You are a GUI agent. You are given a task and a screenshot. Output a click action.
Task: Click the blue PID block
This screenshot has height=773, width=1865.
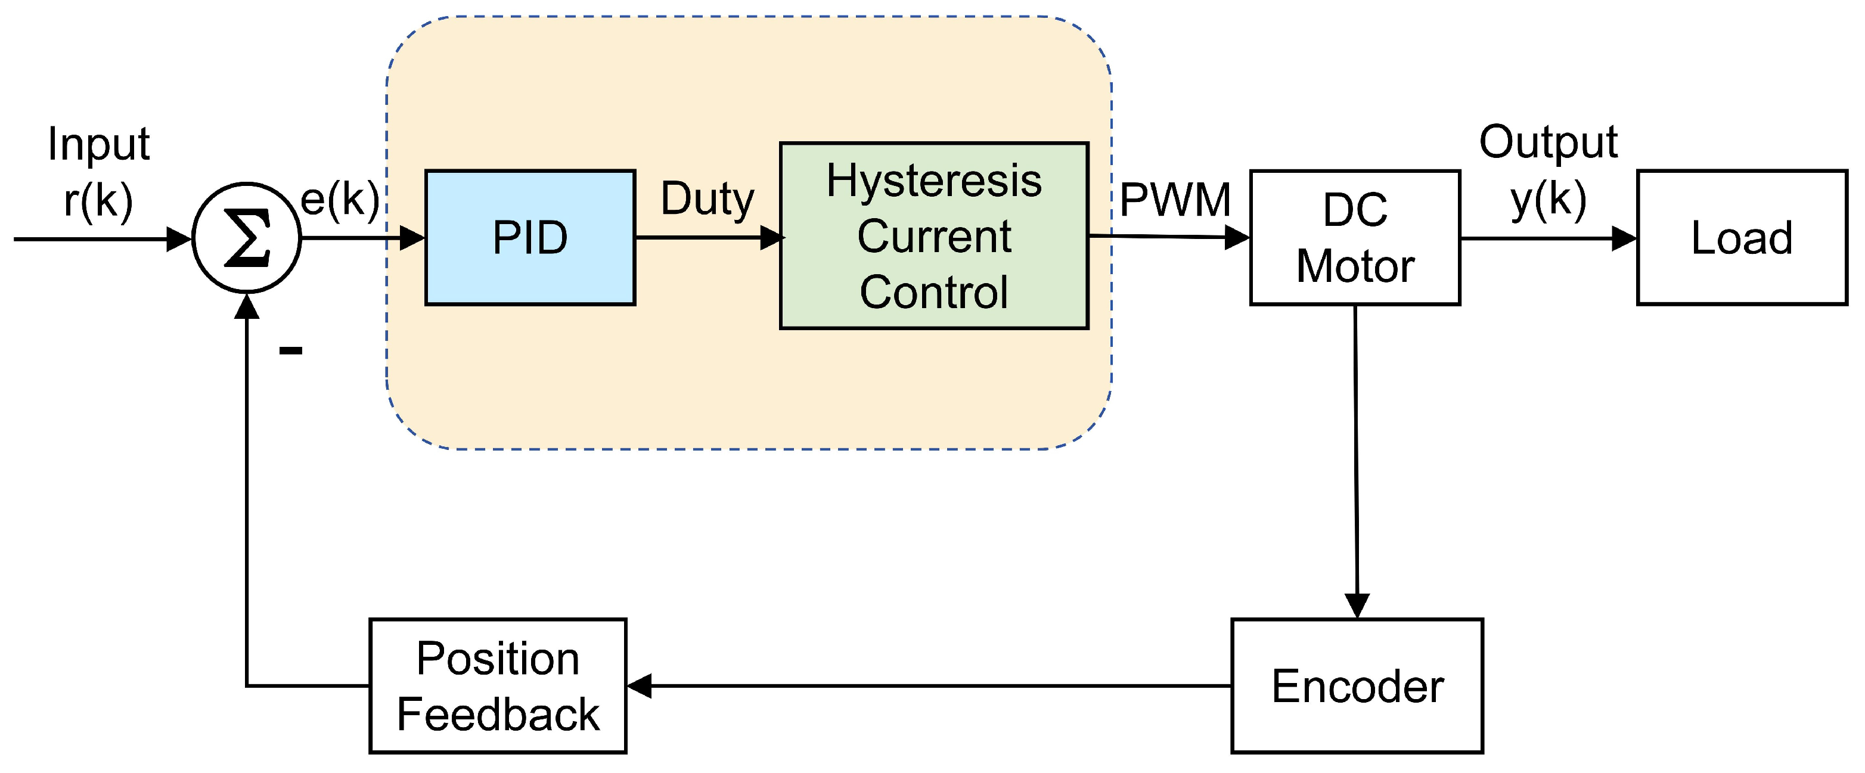click(530, 237)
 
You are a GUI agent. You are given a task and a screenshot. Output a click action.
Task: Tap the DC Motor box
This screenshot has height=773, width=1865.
click(1355, 237)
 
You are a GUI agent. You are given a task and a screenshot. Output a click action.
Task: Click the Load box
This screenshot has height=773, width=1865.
click(1742, 237)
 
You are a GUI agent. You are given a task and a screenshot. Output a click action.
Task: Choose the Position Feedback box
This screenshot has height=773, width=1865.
click(498, 685)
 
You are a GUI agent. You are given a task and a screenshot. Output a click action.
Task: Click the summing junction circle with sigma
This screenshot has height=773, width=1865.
click(247, 237)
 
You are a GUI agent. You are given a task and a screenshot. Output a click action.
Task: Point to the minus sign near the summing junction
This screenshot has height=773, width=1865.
click(290, 351)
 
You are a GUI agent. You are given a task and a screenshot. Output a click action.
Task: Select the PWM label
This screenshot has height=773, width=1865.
click(1174, 200)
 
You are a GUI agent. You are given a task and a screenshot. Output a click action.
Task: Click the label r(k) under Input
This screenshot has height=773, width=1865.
click(98, 200)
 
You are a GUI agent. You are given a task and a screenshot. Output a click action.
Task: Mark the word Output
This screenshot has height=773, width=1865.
click(1548, 142)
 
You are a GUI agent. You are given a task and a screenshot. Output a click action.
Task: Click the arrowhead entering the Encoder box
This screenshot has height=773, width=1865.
click(1357, 605)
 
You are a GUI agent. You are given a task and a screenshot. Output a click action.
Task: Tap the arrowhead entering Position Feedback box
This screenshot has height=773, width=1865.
click(640, 685)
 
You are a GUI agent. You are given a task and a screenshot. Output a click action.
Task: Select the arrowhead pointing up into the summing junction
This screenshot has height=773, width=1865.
click(247, 306)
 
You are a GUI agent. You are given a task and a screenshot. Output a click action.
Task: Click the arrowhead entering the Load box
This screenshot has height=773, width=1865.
click(1624, 238)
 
